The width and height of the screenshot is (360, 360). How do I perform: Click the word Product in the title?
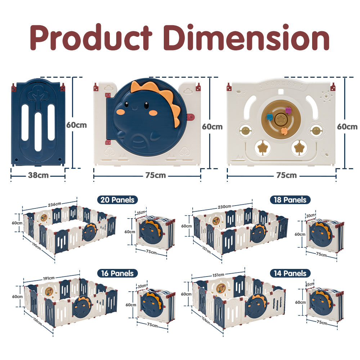pyautogui.click(x=91, y=37)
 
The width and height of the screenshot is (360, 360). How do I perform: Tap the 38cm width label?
pyautogui.click(x=38, y=175)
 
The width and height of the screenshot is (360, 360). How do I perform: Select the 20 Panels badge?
pyautogui.click(x=117, y=200)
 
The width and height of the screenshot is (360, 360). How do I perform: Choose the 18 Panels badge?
pyautogui.click(x=290, y=200)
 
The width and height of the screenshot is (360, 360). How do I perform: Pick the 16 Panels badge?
pyautogui.click(x=117, y=273)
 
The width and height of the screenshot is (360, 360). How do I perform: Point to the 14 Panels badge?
pyautogui.click(x=290, y=273)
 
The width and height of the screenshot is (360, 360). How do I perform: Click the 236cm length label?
pyautogui.click(x=54, y=204)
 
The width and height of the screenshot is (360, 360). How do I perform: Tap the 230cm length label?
pyautogui.click(x=224, y=207)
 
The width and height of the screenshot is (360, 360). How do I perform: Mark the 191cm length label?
pyautogui.click(x=49, y=278)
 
